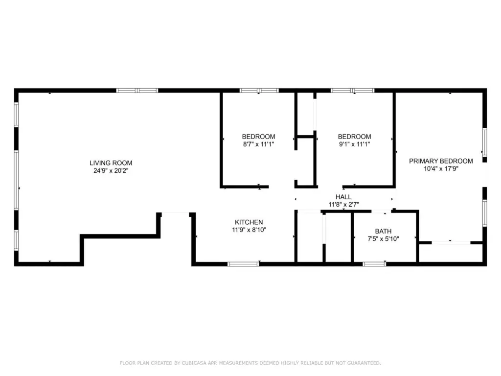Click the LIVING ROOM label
coord(111,163)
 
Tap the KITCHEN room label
coord(249,222)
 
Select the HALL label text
coord(343,197)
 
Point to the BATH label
coord(383,231)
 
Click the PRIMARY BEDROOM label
coord(441,161)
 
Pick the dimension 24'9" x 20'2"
coord(111,171)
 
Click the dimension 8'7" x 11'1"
coord(258,144)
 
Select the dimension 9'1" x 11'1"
coord(354,144)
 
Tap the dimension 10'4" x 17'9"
coord(441,169)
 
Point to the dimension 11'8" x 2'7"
coord(343,205)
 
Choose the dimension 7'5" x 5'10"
coord(383,239)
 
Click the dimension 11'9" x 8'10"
coord(249,230)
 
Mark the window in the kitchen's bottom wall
coord(243,264)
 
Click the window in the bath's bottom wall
coord(374,264)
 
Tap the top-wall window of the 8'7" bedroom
coord(259,91)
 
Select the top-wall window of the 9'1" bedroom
coord(352,91)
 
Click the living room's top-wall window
coord(137,91)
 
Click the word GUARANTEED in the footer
coord(364,363)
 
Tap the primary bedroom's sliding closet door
coord(451,243)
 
